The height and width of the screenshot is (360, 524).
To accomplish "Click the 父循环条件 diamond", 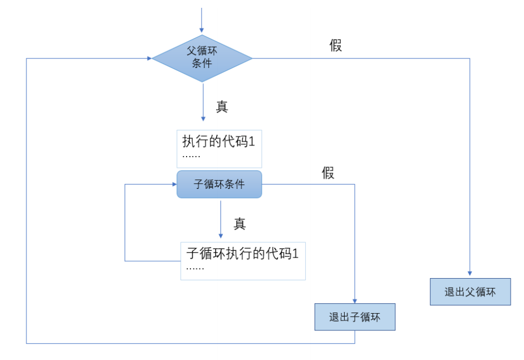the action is pyautogui.click(x=202, y=58).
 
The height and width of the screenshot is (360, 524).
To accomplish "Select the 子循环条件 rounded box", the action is pyautogui.click(x=219, y=184).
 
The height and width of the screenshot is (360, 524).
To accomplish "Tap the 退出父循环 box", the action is pyautogui.click(x=470, y=292).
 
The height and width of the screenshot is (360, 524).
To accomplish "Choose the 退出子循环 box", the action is pyautogui.click(x=355, y=317).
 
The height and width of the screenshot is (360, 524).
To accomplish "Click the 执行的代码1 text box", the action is pyautogui.click(x=219, y=149).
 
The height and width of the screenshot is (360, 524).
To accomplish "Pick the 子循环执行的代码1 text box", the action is pyautogui.click(x=243, y=261).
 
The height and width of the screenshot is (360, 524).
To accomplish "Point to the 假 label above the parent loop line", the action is pyautogui.click(x=336, y=46).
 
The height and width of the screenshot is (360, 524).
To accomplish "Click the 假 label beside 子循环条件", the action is pyautogui.click(x=328, y=173).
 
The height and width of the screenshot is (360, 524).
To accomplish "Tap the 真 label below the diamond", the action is pyautogui.click(x=222, y=107).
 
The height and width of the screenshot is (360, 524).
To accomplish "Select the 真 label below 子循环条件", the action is pyautogui.click(x=239, y=223).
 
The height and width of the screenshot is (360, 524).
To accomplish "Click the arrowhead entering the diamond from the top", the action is pyautogui.click(x=202, y=31).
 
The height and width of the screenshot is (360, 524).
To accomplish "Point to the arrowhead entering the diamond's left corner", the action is pyautogui.click(x=149, y=59).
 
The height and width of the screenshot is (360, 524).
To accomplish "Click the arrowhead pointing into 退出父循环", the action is pyautogui.click(x=470, y=274).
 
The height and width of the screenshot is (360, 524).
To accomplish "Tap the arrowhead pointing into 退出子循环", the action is pyautogui.click(x=355, y=301).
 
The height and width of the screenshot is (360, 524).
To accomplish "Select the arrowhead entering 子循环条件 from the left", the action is pyautogui.click(x=174, y=184).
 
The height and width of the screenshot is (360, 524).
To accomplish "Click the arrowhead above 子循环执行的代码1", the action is pyautogui.click(x=221, y=236).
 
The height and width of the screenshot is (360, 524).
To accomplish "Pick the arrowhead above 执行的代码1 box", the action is pyautogui.click(x=203, y=119).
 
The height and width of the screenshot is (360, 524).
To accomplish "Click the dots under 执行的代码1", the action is pyautogui.click(x=191, y=157).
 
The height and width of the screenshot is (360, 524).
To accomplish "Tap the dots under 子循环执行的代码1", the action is pyautogui.click(x=195, y=269).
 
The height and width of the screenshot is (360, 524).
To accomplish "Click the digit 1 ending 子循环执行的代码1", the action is pyautogui.click(x=296, y=254).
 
